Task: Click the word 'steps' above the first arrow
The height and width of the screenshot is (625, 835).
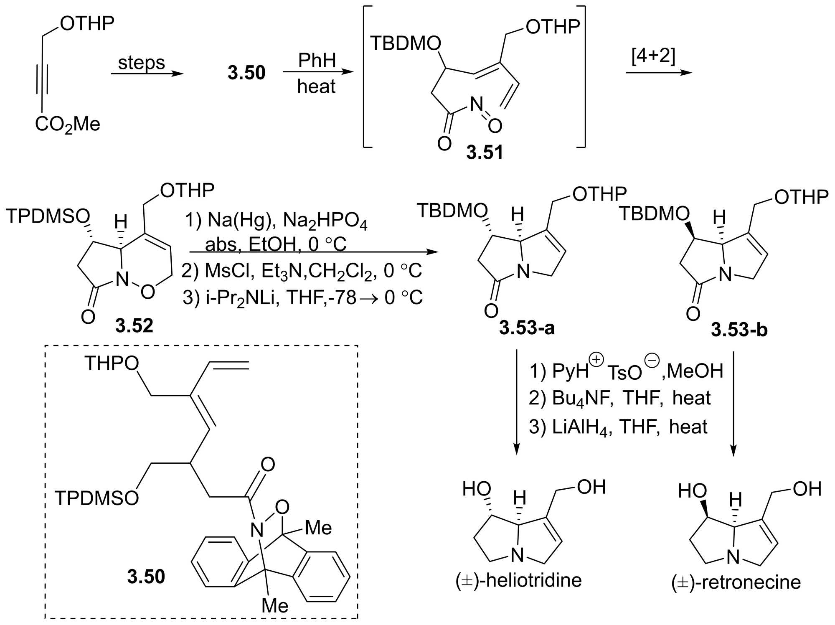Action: pyautogui.click(x=141, y=63)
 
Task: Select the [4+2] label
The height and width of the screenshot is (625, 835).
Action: pyautogui.click(x=653, y=56)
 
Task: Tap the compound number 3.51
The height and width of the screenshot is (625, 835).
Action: pyautogui.click(x=485, y=152)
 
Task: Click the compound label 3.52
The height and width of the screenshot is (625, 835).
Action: pyautogui.click(x=134, y=325)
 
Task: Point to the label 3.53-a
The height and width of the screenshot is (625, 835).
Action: pyautogui.click(x=527, y=328)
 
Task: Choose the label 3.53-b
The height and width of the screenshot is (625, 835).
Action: pyautogui.click(x=739, y=330)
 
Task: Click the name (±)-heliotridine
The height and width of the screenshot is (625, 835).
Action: pyautogui.click(x=518, y=580)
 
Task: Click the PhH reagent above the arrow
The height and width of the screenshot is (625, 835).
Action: pyautogui.click(x=317, y=61)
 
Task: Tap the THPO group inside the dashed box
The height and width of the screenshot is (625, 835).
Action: pyautogui.click(x=112, y=363)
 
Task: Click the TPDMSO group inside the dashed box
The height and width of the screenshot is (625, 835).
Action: pyautogui.click(x=96, y=498)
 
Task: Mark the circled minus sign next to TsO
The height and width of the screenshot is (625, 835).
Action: pyautogui.click(x=652, y=361)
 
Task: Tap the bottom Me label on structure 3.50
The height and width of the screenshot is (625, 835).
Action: pyautogui.click(x=275, y=605)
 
